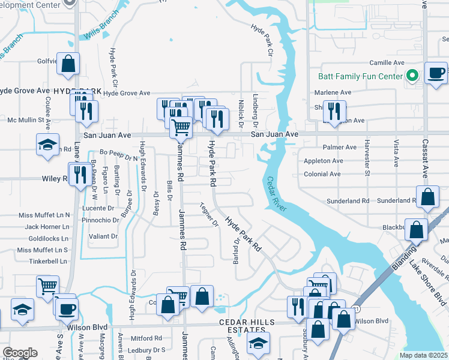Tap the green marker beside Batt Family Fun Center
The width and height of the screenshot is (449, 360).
[x=412, y=76]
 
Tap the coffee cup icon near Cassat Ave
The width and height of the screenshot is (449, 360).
[x=436, y=73]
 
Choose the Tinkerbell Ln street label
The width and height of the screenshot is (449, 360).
[x=44, y=262]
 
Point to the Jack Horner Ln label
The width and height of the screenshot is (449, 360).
[x=47, y=227]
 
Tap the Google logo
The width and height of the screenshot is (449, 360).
[x=20, y=353]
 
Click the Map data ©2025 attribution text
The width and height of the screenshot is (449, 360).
[x=424, y=355]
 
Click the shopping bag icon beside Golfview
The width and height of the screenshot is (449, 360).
[x=68, y=62]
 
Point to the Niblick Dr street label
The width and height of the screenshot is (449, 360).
[x=240, y=112]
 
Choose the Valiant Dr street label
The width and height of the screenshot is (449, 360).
[x=103, y=236]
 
